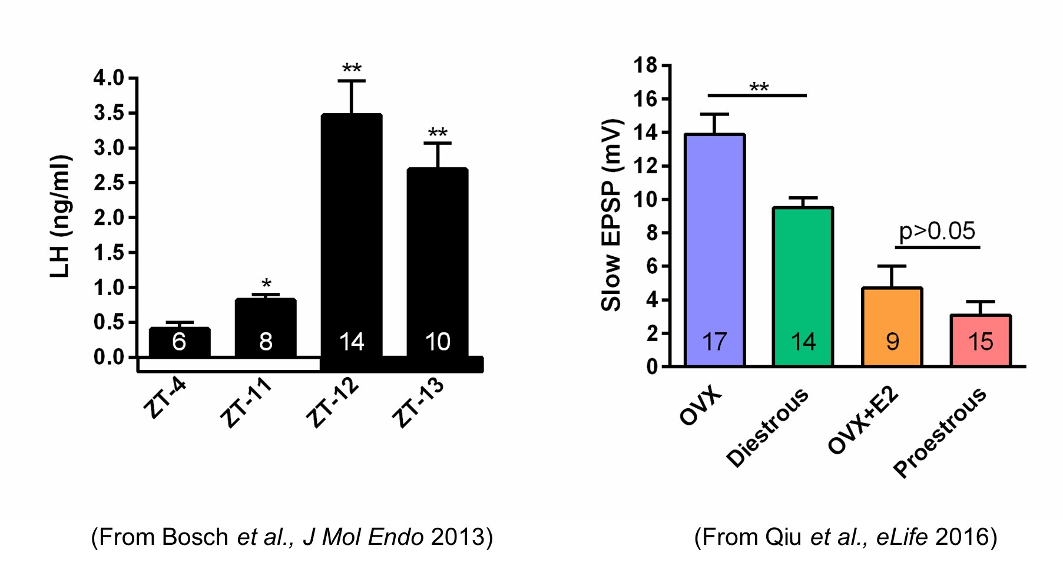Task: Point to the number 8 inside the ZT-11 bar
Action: pyautogui.click(x=266, y=342)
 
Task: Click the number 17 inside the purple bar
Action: pyautogui.click(x=714, y=342)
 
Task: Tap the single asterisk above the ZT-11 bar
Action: pyautogui.click(x=266, y=284)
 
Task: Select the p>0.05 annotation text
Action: pyautogui.click(x=937, y=231)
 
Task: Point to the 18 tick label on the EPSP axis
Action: pyautogui.click(x=645, y=65)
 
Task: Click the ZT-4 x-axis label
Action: pyautogui.click(x=165, y=398)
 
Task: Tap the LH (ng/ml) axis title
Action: pyautogui.click(x=60, y=216)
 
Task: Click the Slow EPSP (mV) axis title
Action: pyautogui.click(x=611, y=215)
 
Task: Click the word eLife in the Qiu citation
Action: pyautogui.click(x=902, y=537)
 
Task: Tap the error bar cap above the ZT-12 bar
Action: pyautogui.click(x=352, y=81)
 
